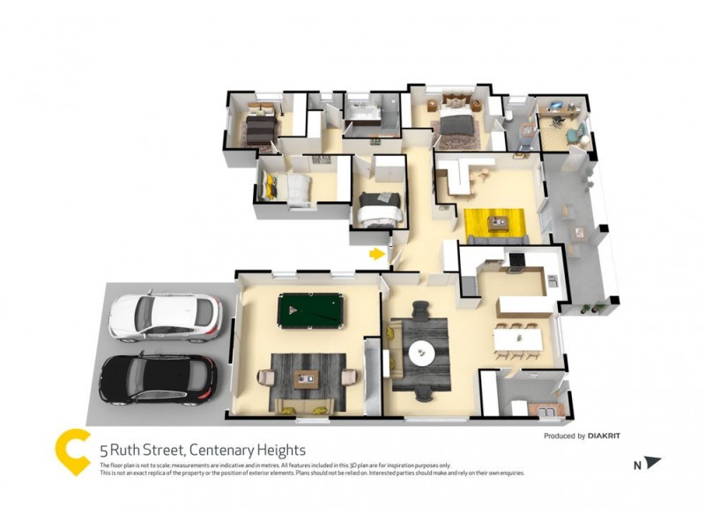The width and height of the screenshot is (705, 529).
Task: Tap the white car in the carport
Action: [165, 317]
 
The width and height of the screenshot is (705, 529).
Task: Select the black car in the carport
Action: [158, 377]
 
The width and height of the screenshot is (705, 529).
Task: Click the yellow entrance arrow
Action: [376, 255]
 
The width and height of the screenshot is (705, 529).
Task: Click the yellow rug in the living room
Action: [493, 223]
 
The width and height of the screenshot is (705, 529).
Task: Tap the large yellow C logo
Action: [73, 451]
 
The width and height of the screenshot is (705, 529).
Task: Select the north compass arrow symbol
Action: [652, 462]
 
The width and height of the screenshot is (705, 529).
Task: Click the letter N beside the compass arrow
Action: [636, 464]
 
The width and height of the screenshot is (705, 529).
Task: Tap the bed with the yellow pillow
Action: [286, 188]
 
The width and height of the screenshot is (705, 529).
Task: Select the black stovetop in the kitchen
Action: [516, 259]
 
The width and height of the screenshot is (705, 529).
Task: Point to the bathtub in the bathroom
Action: [363, 110]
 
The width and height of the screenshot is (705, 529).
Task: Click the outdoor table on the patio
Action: [578, 233]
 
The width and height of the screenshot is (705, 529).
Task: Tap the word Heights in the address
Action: [277, 450]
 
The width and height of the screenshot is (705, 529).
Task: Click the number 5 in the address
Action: [103, 450]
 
